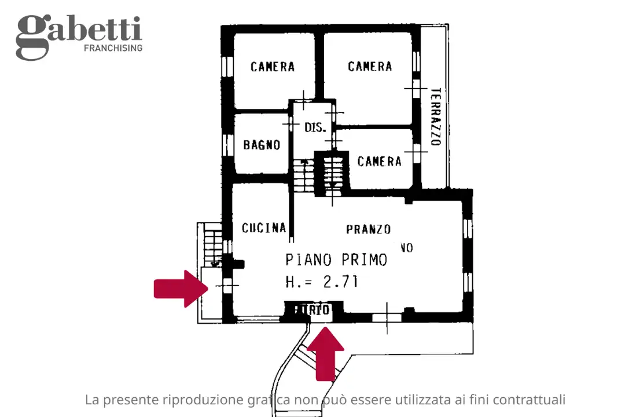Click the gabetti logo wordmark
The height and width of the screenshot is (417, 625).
79,32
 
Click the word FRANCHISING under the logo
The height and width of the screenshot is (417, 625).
113,48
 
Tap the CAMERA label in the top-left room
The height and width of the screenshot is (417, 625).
273,67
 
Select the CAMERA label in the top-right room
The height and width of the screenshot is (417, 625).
370,67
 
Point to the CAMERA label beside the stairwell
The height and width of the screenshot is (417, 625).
379,161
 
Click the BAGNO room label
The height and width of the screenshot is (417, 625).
262,145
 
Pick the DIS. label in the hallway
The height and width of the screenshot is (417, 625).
315,127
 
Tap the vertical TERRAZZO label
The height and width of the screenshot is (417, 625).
435,116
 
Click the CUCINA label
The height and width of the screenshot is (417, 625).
264,228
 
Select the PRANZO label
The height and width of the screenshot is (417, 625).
369,229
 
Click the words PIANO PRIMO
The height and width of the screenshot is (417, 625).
336,259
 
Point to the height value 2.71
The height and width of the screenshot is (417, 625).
340,282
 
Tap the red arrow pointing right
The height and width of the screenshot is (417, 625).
180,288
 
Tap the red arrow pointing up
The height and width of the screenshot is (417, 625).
325,353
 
